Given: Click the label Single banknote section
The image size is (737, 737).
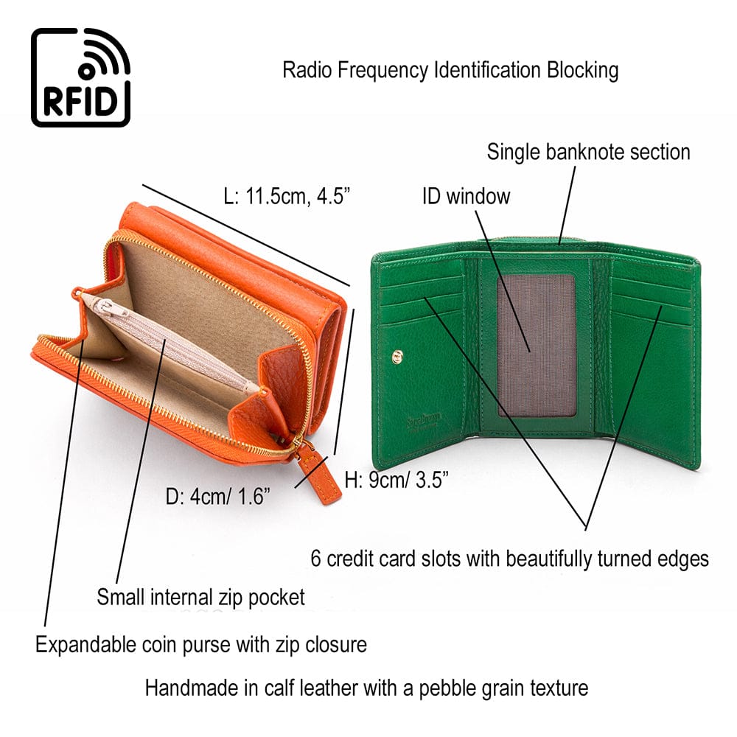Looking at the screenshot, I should coord(588,152).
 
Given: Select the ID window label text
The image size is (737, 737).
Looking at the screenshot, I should coord(466,196).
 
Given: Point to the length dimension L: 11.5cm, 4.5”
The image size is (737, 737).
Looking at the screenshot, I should coord(287,196).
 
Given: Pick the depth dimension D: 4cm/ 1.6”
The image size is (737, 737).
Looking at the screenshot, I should coord(217,496).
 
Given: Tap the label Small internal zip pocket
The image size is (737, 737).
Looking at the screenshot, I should coord(200,596).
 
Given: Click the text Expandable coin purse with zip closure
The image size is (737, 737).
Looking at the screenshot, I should coord(201,645).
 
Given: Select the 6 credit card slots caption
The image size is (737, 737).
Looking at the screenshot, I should coord(509,558).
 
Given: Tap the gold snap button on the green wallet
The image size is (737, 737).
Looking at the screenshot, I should coord(399,357).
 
